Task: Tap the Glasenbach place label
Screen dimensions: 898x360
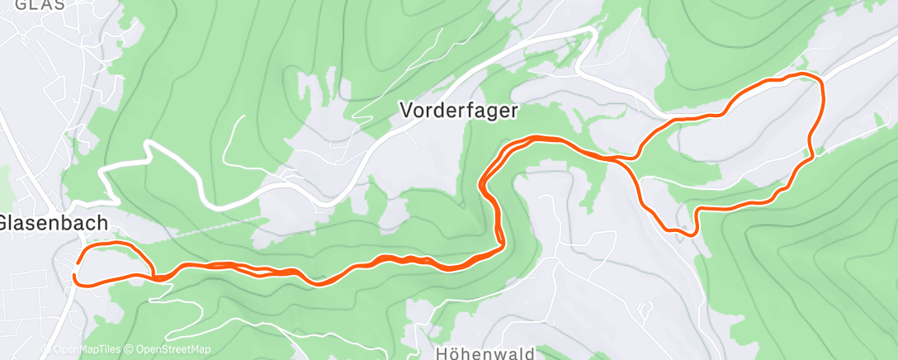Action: [54, 223]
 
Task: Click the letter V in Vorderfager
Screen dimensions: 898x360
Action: [406, 109]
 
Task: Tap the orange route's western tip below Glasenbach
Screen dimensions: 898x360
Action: [76, 273]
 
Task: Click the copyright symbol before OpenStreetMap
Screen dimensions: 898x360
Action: [130, 349]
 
